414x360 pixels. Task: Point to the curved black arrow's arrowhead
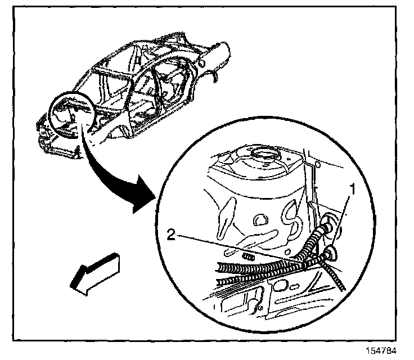click(143, 200)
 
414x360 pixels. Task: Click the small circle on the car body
click(70, 114)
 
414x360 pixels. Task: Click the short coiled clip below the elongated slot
click(246, 255)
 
